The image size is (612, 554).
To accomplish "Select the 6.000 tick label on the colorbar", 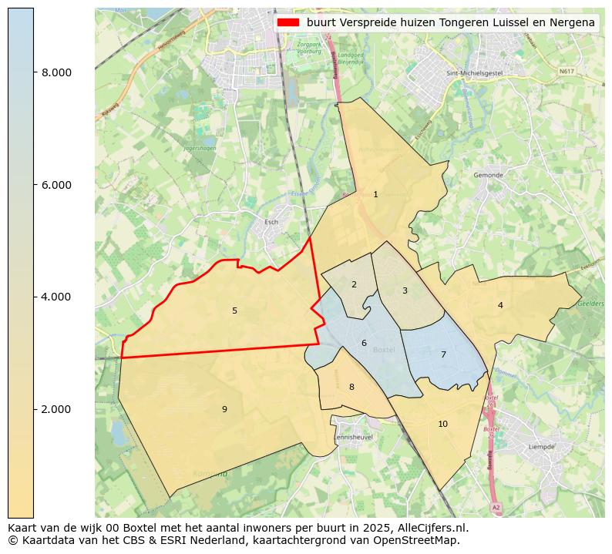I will coord(56,185).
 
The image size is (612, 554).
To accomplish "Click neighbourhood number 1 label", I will coord(375,195).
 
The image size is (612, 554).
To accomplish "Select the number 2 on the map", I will coord(354,285).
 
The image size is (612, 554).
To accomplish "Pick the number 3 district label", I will coord(405,291).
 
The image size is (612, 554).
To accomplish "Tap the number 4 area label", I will coord(500,306).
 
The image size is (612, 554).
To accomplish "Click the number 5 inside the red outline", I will coord(234,311).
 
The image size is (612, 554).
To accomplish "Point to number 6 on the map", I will coord(364,344).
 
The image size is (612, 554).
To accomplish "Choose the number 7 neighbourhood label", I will coord(443,355).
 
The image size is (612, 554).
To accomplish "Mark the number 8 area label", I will coord(351,388).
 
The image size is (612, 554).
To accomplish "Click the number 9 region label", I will coord(224,410).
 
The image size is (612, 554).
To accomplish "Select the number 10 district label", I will coord(442,425).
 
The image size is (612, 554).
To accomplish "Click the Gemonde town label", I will coord(488,176).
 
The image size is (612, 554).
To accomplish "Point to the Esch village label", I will coord(271,223).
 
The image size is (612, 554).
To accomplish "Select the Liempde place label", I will coord(541,447).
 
